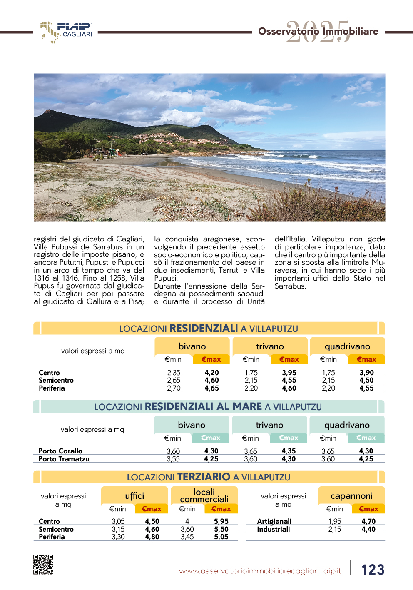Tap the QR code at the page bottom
[x=43, y=565]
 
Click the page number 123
[x=373, y=570]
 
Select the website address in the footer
[x=260, y=571]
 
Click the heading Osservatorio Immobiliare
[x=318, y=31]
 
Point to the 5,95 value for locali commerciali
[x=221, y=521]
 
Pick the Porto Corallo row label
[x=60, y=451]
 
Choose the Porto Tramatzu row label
[x=64, y=459]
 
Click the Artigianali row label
[x=274, y=521]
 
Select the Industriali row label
[x=273, y=529]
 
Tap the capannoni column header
[x=351, y=496]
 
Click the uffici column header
[x=134, y=496]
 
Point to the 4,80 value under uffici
[x=152, y=537]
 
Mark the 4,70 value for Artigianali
[x=368, y=521]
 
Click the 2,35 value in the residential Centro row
[x=174, y=373]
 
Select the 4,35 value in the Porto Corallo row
[x=289, y=451]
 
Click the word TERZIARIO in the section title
[x=204, y=477]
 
